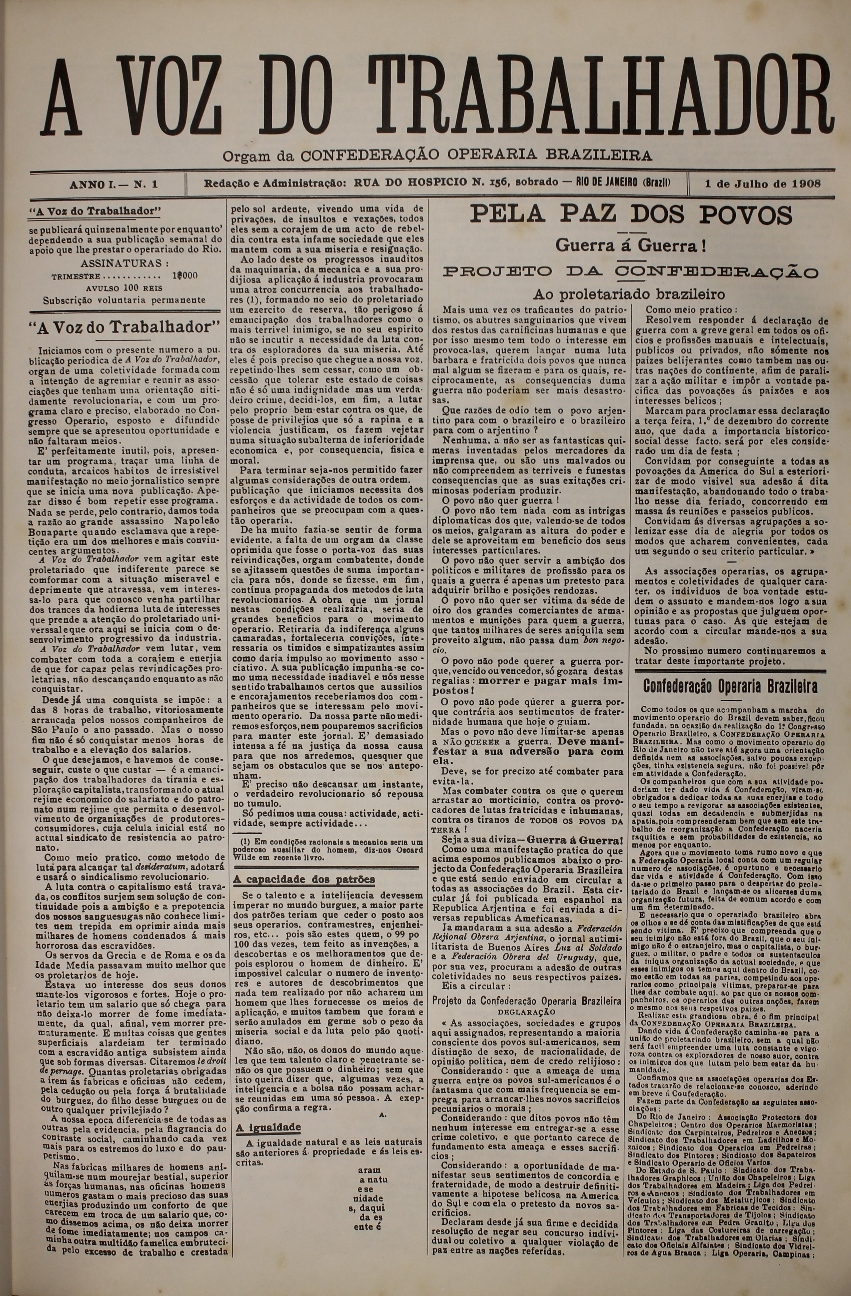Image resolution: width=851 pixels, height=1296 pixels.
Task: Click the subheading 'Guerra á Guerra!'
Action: click(x=631, y=246)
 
